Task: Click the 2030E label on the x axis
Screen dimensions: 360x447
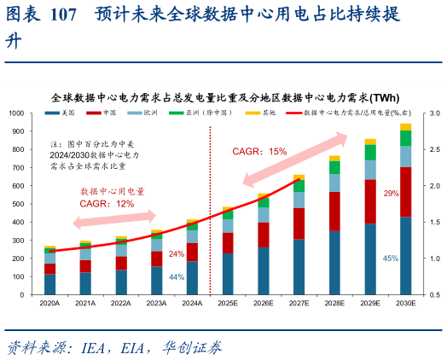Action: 405,303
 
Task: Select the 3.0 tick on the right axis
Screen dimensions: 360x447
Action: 433,113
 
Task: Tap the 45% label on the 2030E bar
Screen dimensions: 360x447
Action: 391,258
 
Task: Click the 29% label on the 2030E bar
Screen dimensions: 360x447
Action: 391,194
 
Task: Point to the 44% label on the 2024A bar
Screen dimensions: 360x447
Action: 177,277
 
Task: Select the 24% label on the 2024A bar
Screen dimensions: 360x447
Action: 177,254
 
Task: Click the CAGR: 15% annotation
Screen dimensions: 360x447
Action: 259,151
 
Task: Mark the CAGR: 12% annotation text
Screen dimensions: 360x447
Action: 107,204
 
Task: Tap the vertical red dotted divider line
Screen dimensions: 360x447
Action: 211,213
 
